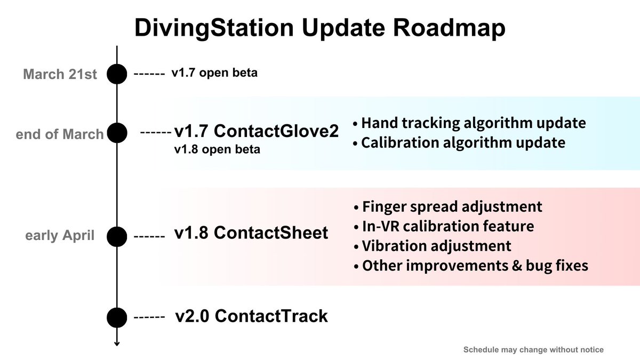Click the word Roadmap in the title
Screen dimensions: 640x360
449,28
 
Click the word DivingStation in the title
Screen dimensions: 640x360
214,28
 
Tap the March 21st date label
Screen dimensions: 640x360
60,74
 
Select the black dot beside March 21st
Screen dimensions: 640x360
117,74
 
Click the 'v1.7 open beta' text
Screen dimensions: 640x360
214,73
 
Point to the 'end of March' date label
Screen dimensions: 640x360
59,134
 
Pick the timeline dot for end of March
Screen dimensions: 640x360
117,133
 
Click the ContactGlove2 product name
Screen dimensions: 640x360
276,131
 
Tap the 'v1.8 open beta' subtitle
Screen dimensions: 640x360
217,149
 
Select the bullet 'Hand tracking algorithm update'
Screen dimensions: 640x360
469,123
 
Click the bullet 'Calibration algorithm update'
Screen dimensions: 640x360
459,142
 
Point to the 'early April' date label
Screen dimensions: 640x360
60,235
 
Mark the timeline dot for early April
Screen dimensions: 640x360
117,237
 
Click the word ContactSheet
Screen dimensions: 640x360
271,233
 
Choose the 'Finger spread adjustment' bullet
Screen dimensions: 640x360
448,206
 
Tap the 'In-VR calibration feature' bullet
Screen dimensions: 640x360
444,226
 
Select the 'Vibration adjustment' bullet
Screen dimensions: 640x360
433,246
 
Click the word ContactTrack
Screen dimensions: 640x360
271,316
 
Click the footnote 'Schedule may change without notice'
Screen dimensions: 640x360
533,350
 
